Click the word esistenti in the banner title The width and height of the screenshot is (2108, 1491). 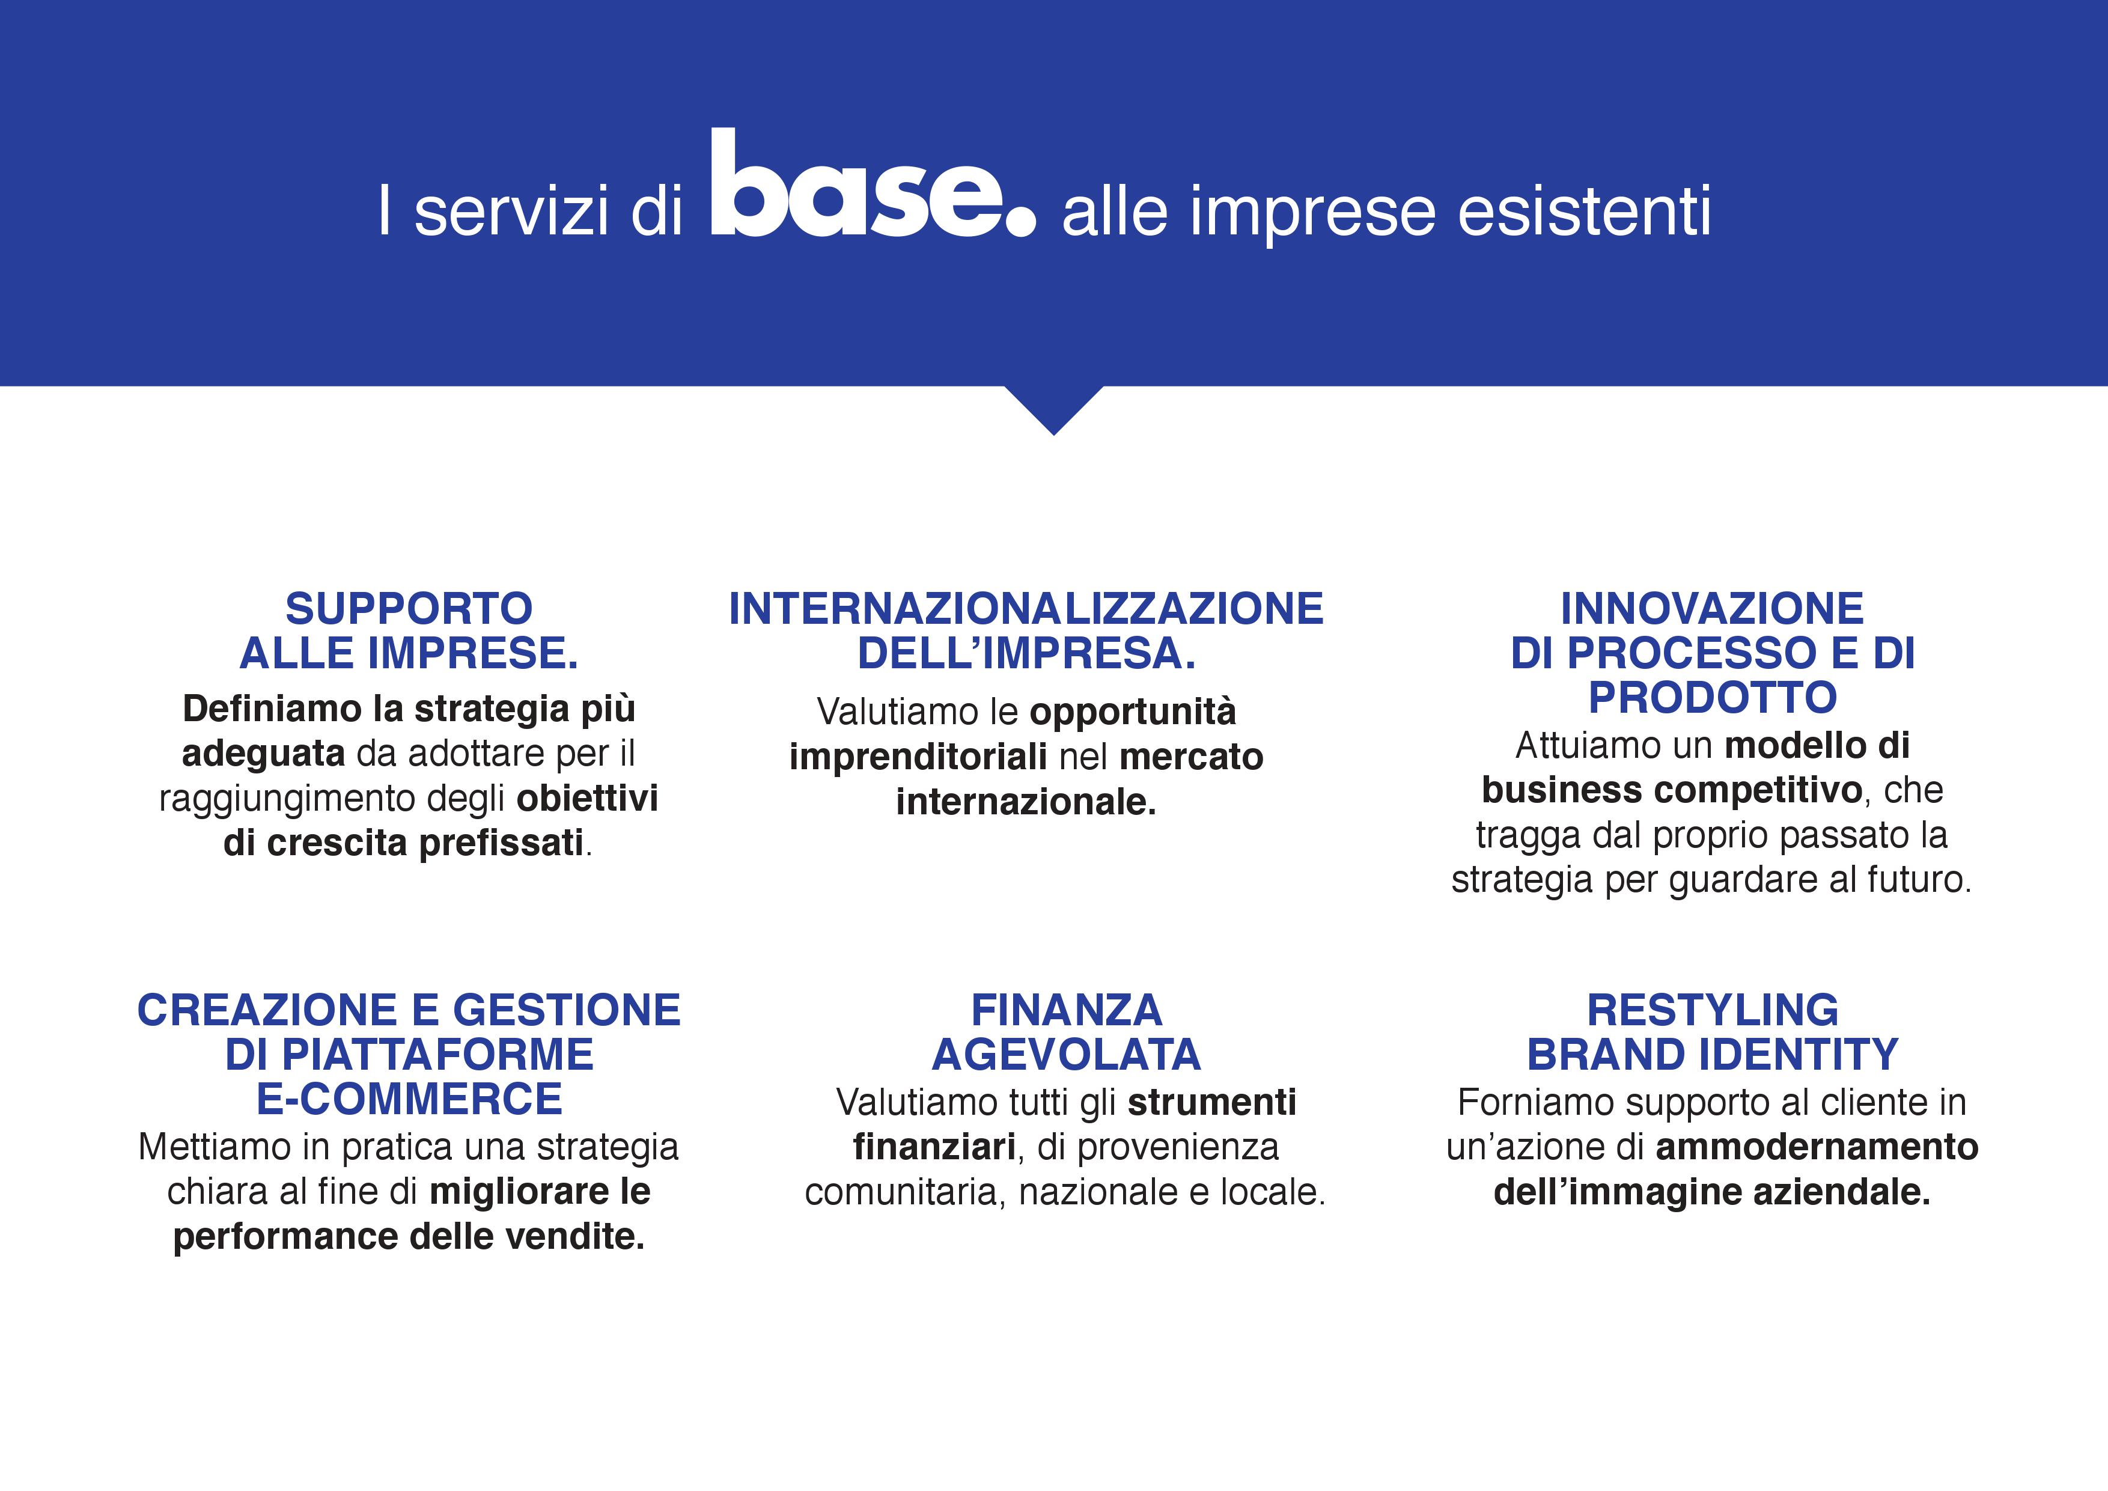(x=1584, y=211)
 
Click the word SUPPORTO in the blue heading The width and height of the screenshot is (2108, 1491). (x=409, y=609)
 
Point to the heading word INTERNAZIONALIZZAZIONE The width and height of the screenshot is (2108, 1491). (x=1026, y=609)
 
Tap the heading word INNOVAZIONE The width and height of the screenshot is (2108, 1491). (x=1712, y=609)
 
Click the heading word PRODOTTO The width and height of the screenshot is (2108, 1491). (x=1712, y=698)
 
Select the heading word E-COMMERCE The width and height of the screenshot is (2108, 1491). (x=409, y=1099)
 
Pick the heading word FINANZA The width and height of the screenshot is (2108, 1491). (x=1067, y=1011)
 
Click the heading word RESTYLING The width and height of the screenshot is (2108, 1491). (x=1712, y=1011)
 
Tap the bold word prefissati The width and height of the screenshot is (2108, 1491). (x=501, y=843)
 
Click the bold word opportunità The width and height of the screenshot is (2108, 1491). (x=1133, y=712)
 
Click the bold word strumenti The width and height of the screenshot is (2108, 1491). (x=1212, y=1103)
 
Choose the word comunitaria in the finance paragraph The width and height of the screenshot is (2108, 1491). (x=905, y=1192)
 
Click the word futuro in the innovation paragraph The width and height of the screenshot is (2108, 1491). (x=1920, y=880)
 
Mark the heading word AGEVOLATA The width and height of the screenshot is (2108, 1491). (x=1067, y=1055)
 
